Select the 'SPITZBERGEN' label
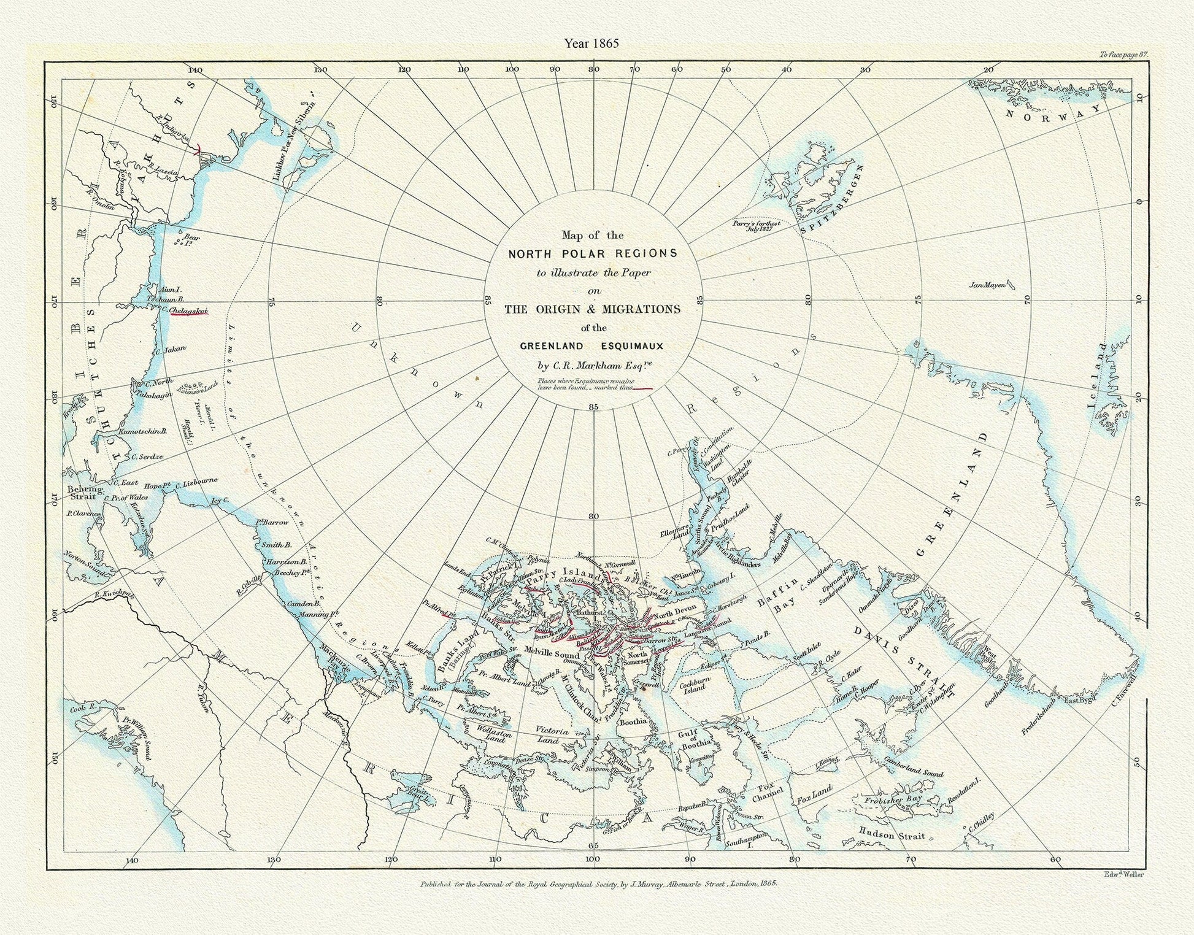point(833,199)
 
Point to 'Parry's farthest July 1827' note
point(756,226)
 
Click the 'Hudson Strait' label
point(892,835)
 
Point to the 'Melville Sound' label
point(550,654)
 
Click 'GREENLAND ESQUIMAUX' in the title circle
point(591,346)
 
